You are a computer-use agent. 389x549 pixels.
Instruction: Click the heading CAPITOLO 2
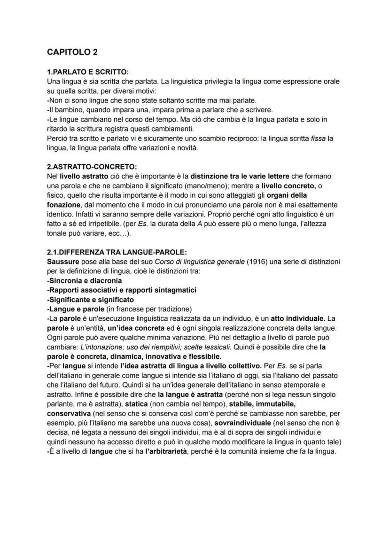(72, 52)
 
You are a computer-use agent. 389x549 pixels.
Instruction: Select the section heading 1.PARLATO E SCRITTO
(87, 72)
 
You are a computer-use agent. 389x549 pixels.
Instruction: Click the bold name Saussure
(63, 261)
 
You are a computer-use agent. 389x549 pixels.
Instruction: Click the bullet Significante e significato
(90, 299)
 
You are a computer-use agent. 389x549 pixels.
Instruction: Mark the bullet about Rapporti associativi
(122, 290)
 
